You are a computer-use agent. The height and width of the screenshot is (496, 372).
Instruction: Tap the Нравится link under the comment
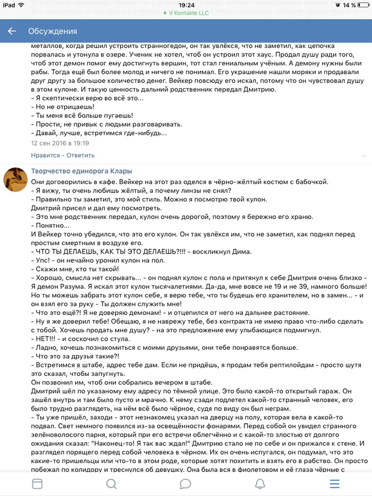click(45, 155)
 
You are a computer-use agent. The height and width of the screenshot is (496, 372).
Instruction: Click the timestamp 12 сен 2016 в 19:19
click(60, 143)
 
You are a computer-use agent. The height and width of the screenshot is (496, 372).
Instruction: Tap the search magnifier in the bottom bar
click(111, 483)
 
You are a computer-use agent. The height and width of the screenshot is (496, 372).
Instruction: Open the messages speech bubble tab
click(185, 483)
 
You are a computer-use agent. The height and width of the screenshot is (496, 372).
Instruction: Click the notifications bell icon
click(260, 483)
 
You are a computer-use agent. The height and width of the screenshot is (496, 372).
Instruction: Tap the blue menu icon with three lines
click(334, 483)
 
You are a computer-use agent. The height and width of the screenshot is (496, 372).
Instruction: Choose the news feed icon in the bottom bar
click(37, 483)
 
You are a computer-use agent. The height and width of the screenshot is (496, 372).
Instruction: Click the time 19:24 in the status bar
click(186, 4)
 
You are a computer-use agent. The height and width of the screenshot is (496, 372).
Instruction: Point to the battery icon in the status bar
click(362, 5)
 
